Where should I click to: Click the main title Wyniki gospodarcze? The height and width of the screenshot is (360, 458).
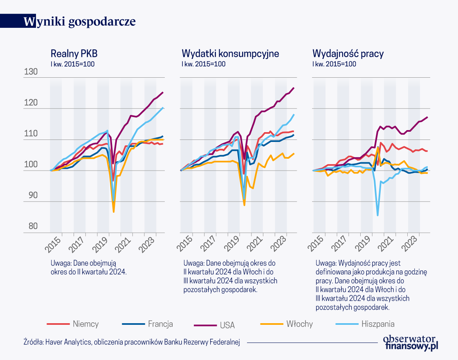tap(80, 22)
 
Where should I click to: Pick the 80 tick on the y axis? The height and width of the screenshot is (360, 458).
tap(43, 227)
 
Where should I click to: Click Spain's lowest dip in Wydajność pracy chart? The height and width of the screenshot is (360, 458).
tap(377, 215)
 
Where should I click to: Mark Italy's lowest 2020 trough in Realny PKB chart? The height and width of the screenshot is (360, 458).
tap(114, 212)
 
